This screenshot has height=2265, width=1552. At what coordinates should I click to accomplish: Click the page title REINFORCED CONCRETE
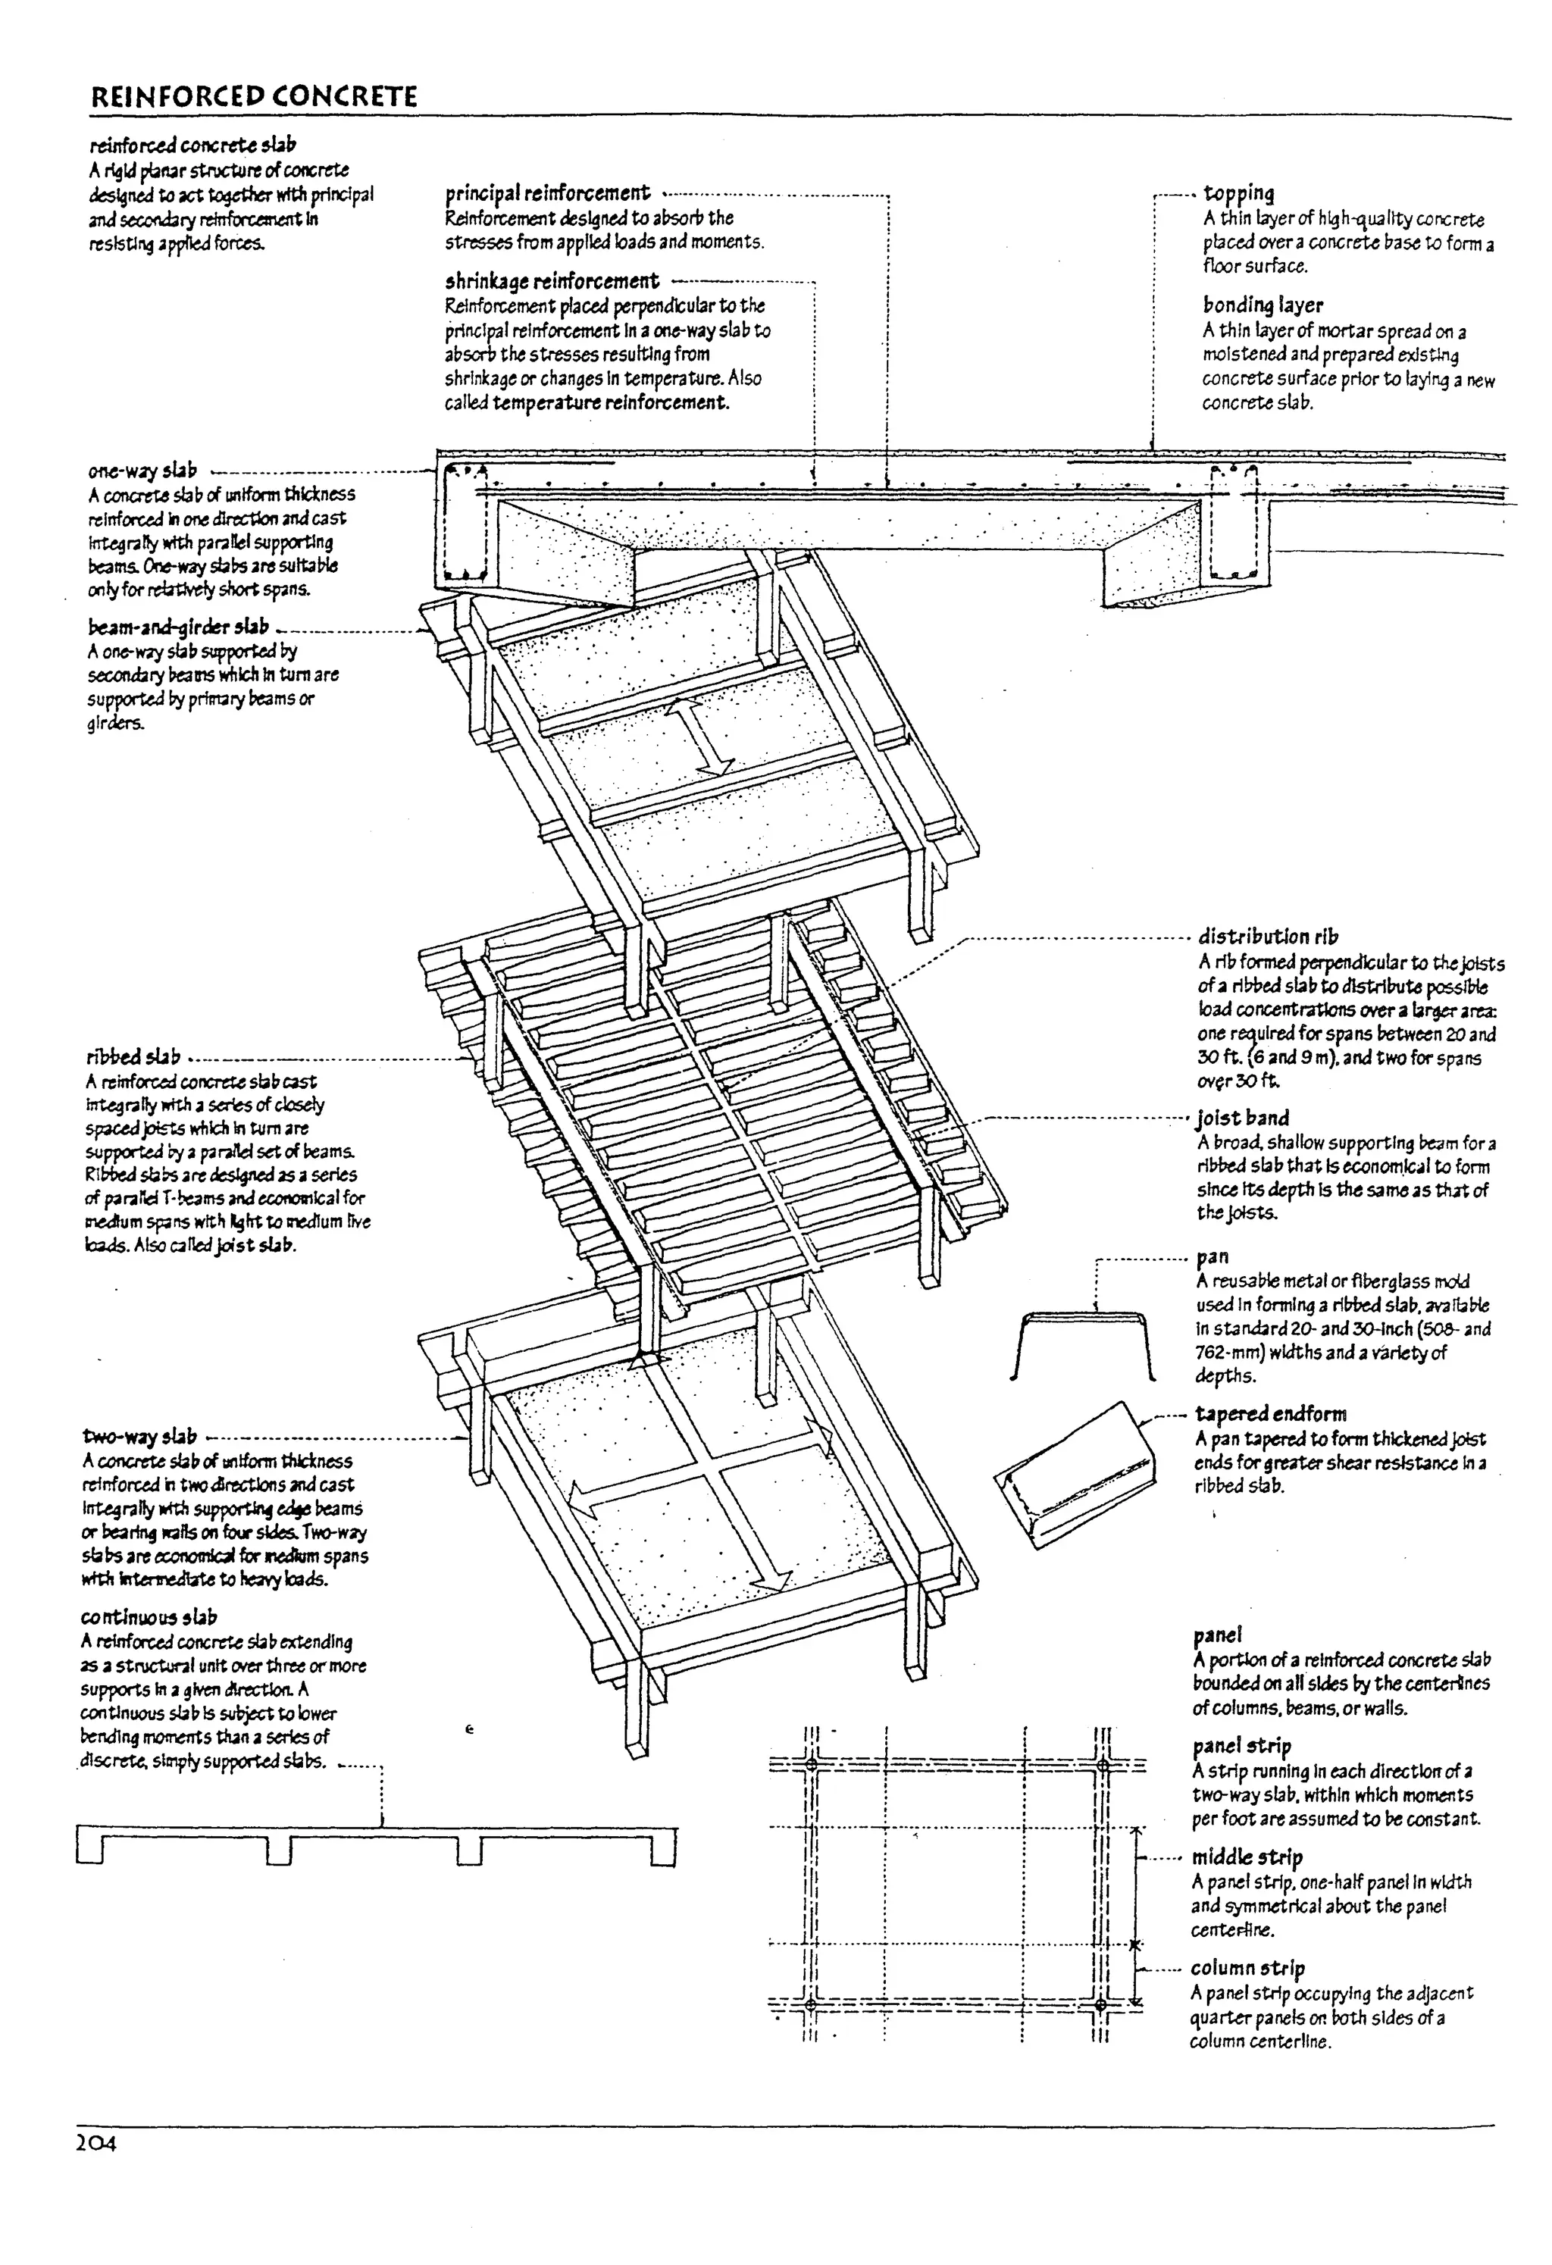pos(253,96)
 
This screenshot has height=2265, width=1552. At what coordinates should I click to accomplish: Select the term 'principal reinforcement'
pos(547,193)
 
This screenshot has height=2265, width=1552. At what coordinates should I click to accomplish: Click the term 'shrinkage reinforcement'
pos(552,282)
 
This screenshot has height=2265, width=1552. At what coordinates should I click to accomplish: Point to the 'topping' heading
pos(1238,193)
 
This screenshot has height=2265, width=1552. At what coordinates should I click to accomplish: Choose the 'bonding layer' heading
pos(1263,305)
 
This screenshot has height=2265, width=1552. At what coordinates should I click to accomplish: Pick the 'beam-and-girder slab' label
pos(177,627)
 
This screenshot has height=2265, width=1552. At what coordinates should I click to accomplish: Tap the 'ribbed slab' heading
pos(133,1056)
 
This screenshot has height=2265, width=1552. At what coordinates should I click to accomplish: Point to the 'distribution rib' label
pos(1267,937)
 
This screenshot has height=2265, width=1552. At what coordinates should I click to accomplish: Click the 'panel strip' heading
pos(1241,1745)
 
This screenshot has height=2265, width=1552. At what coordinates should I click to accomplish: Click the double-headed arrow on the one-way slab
pos(701,736)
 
